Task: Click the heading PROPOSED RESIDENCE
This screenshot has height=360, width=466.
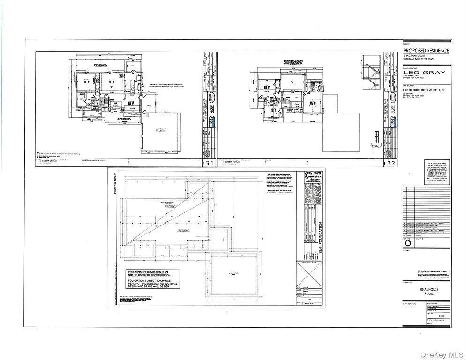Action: point(426,51)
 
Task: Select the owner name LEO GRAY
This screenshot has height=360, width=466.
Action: point(425,73)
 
